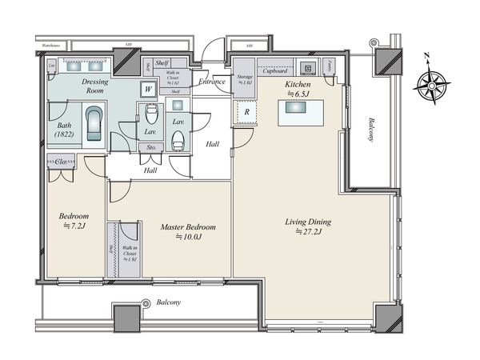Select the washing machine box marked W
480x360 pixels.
pyautogui.click(x=148, y=90)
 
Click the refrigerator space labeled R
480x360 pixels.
pyautogui.click(x=246, y=113)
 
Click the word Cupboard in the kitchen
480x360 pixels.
pyautogui.click(x=275, y=70)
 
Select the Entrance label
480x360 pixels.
pyautogui.click(x=213, y=82)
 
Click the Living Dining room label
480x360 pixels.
pyautogui.click(x=309, y=222)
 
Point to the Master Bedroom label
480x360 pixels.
pyautogui.click(x=188, y=227)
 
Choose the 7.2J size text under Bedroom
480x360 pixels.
pyautogui.click(x=74, y=226)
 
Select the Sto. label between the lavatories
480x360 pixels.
pyautogui.click(x=150, y=148)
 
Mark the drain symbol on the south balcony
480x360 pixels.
pyautogui.click(x=146, y=304)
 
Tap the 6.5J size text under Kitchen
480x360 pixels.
pyautogui.click(x=298, y=94)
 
